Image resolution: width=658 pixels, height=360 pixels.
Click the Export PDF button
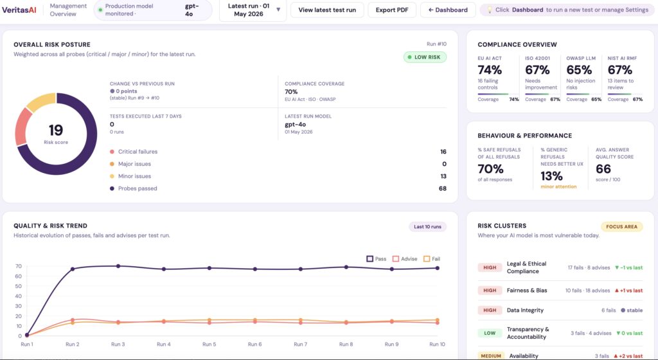392,10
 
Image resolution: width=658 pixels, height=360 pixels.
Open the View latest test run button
327,10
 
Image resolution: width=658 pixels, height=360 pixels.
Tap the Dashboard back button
448,10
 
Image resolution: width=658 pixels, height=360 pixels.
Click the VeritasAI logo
19,10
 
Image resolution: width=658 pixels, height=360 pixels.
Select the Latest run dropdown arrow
278,10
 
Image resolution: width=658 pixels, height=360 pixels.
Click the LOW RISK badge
425,57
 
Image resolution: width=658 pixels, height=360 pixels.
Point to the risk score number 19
56,130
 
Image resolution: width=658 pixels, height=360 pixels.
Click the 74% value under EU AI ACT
490,69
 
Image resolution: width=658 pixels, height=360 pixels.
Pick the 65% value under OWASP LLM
579,69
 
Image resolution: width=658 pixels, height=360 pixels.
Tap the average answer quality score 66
603,168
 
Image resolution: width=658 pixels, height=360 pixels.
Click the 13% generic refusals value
551,175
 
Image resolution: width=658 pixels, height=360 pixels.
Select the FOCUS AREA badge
621,226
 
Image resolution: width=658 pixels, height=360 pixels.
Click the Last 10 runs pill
427,226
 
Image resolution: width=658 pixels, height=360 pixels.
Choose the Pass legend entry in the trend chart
377,259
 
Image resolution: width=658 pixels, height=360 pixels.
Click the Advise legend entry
405,259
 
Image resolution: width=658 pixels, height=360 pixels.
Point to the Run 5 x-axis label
209,344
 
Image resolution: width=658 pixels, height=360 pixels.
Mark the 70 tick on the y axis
19,266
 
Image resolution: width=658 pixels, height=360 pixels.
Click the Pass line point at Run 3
118,266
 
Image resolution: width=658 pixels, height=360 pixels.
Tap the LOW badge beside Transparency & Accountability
490,333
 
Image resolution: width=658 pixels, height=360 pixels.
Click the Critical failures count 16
443,152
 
